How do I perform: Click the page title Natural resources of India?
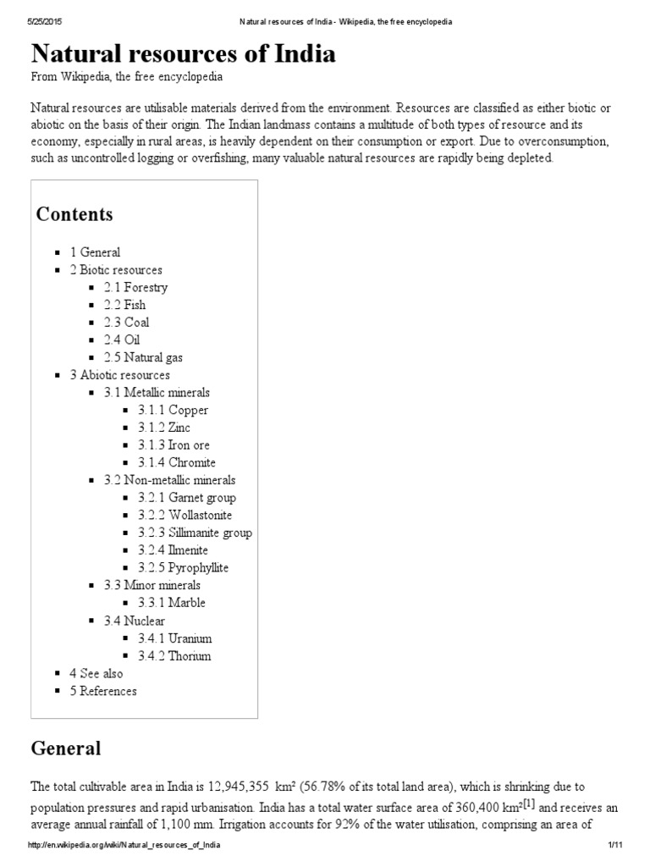pyautogui.click(x=183, y=54)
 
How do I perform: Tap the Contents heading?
pyautogui.click(x=74, y=214)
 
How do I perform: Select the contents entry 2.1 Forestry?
pyautogui.click(x=135, y=287)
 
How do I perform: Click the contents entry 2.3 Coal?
pyautogui.click(x=127, y=323)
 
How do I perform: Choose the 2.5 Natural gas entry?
pyautogui.click(x=143, y=358)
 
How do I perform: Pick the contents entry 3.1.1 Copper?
pyautogui.click(x=174, y=411)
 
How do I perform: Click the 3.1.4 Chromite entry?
pyautogui.click(x=177, y=463)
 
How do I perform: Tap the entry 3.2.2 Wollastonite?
pyautogui.click(x=185, y=516)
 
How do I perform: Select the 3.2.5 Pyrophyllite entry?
pyautogui.click(x=184, y=568)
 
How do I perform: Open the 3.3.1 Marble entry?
pyautogui.click(x=172, y=604)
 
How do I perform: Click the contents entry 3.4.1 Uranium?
pyautogui.click(x=175, y=638)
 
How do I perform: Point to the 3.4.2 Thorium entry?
pyautogui.click(x=175, y=656)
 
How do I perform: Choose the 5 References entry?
pyautogui.click(x=103, y=691)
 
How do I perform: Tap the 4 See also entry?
pyautogui.click(x=96, y=674)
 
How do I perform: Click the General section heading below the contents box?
pyautogui.click(x=65, y=748)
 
